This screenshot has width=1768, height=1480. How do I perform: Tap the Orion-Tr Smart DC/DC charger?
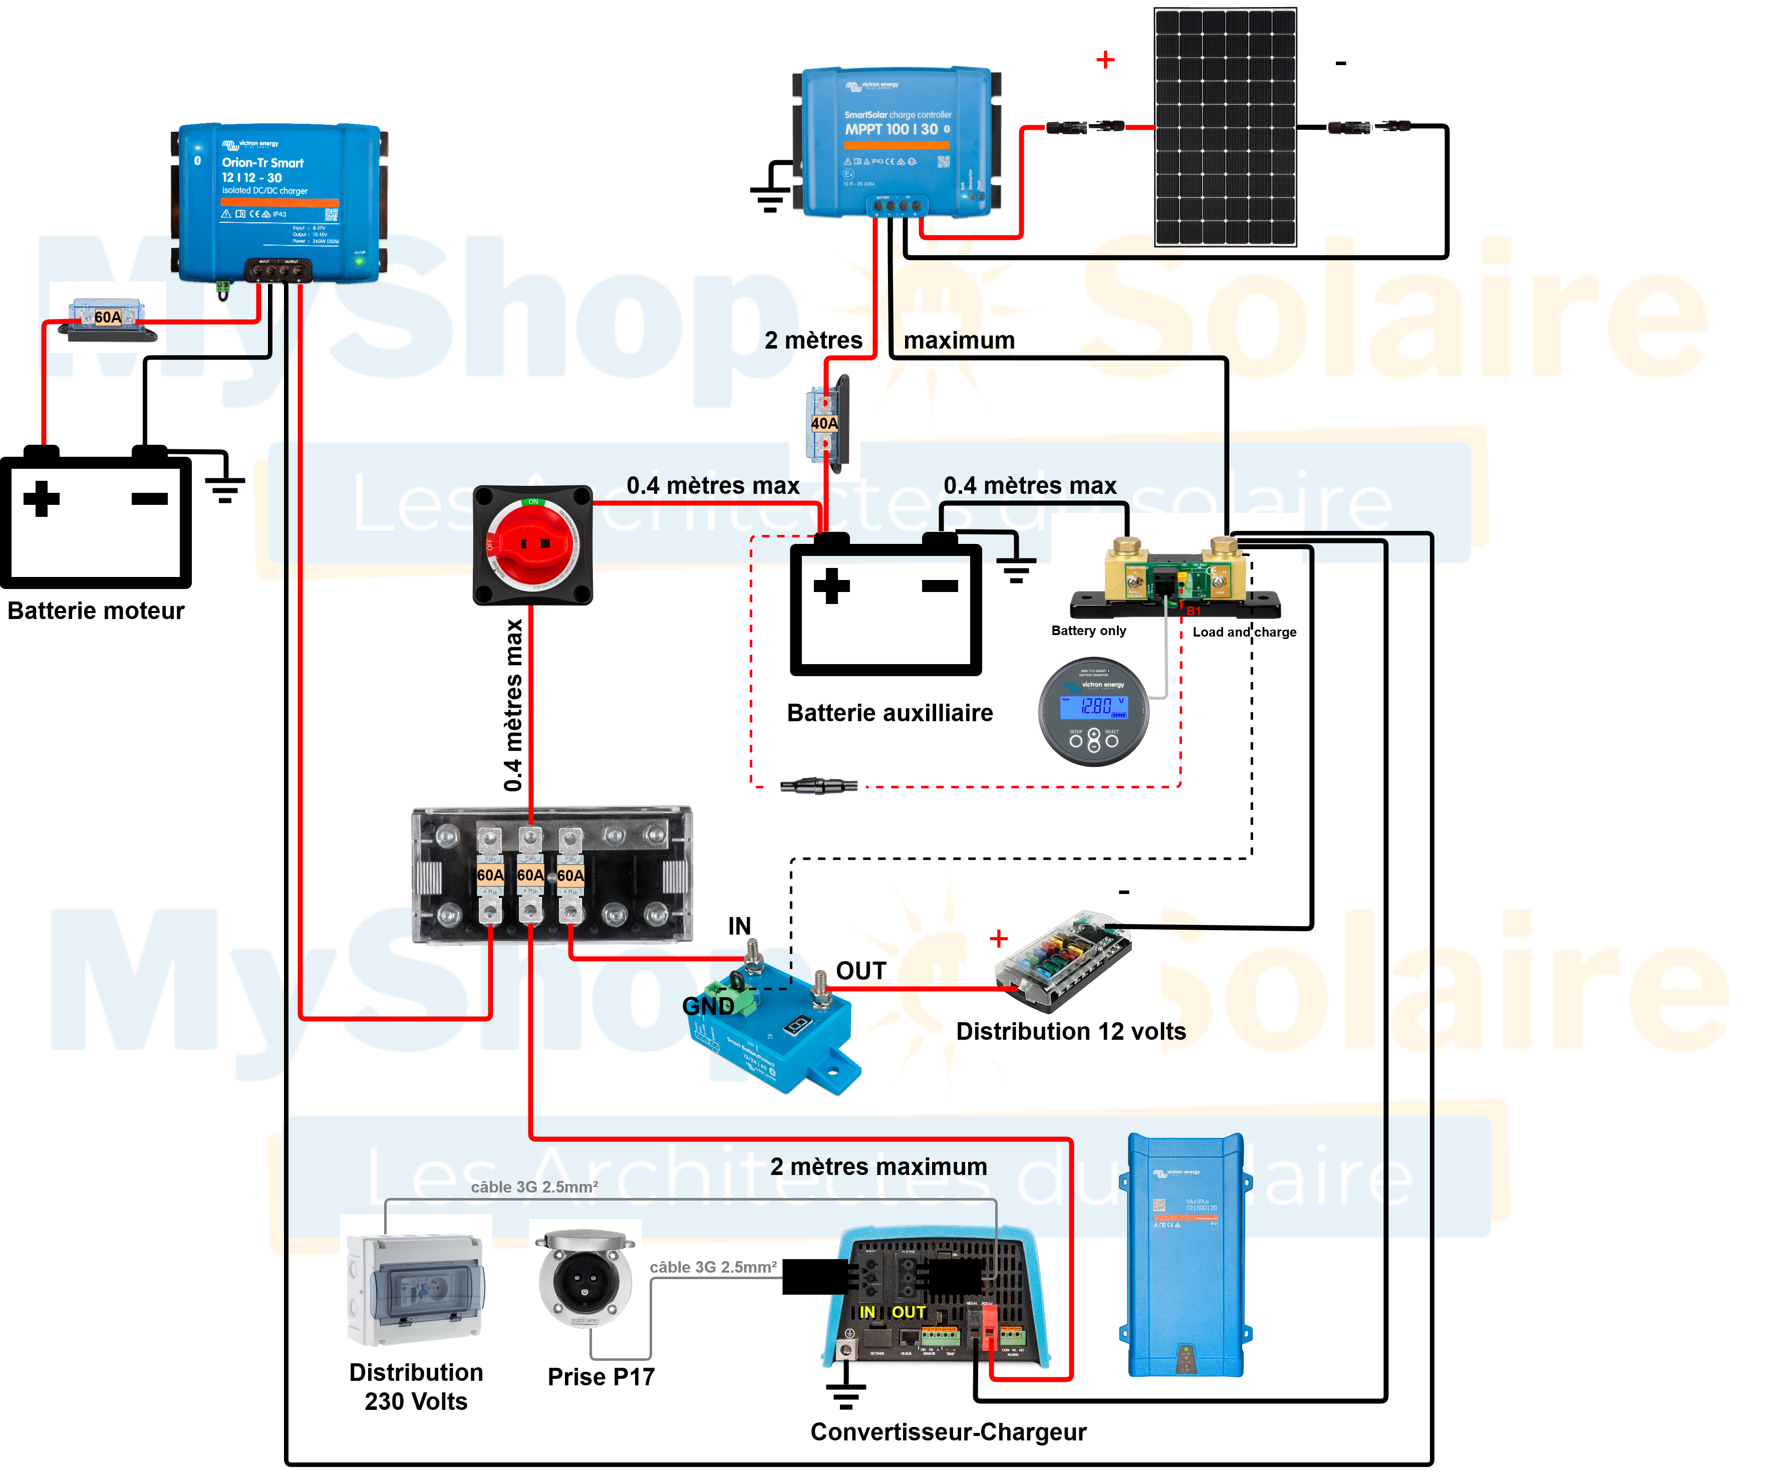click(x=278, y=202)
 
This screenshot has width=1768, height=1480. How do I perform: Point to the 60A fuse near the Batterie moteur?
click(x=107, y=318)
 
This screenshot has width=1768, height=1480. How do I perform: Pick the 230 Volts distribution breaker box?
click(x=415, y=1288)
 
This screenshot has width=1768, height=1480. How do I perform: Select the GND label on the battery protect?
click(x=707, y=1006)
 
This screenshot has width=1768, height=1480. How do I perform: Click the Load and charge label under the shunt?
click(x=1244, y=632)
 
